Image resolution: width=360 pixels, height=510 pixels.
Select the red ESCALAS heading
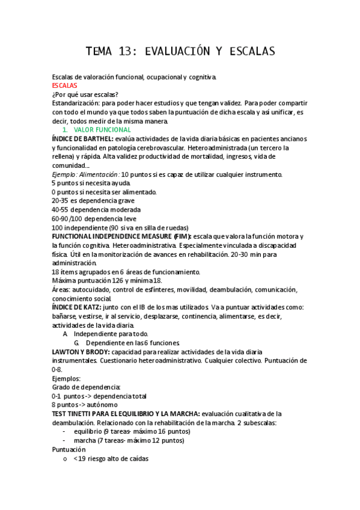coord(65,86)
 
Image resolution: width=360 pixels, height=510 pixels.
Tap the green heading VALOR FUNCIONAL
coord(102,130)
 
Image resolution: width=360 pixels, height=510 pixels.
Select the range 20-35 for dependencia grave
coord(60,200)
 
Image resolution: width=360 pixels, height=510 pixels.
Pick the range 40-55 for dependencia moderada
coord(60,209)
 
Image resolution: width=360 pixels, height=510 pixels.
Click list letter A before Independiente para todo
coord(65,334)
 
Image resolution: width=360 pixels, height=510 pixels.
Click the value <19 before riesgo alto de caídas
coord(79,458)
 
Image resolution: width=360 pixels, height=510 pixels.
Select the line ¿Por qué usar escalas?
coord(85,94)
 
